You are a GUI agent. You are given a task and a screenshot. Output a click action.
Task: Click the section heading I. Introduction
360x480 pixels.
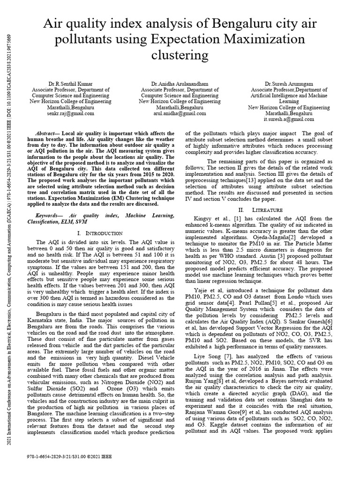coord(99,233)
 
